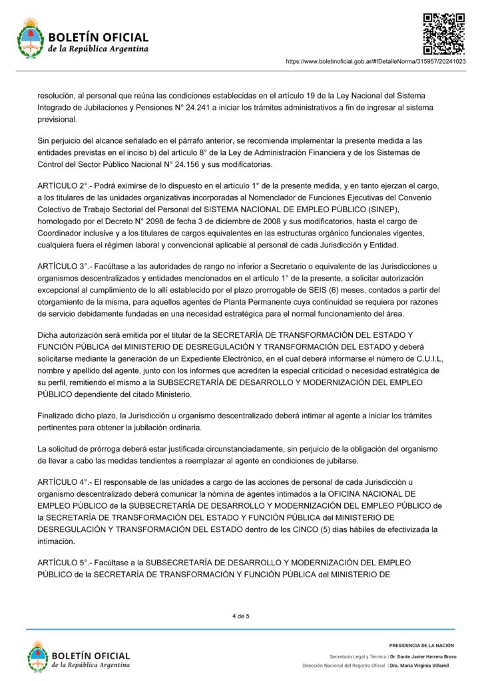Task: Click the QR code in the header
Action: pos(444,33)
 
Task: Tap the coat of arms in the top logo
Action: pos(29,39)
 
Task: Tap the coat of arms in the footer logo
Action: pos(38,656)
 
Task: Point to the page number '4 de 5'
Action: pos(241,616)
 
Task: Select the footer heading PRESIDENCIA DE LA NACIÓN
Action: pos(421,645)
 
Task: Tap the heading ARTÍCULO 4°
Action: pos(63,481)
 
